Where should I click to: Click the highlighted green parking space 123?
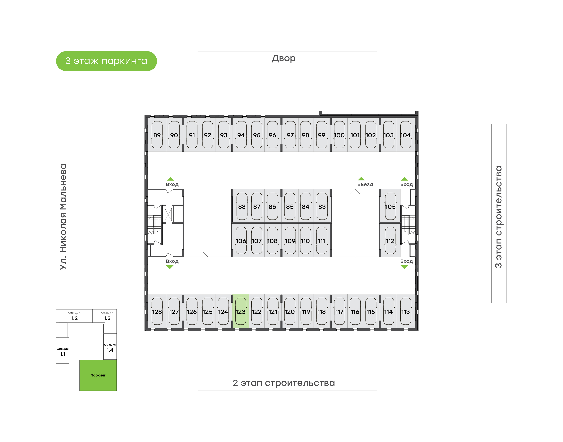point(240,311)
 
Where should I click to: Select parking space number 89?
point(157,135)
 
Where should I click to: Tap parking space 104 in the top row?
point(405,135)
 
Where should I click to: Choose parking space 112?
point(390,240)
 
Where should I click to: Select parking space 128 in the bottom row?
point(157,311)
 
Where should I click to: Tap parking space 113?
point(405,311)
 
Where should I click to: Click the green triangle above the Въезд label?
point(361,179)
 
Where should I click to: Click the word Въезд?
point(365,184)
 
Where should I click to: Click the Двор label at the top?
point(283,58)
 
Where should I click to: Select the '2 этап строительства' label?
point(283,383)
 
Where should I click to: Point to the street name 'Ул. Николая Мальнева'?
point(63,217)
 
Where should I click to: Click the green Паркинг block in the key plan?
point(98,375)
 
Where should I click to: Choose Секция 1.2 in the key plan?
point(74,316)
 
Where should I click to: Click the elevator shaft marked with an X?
point(168,215)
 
